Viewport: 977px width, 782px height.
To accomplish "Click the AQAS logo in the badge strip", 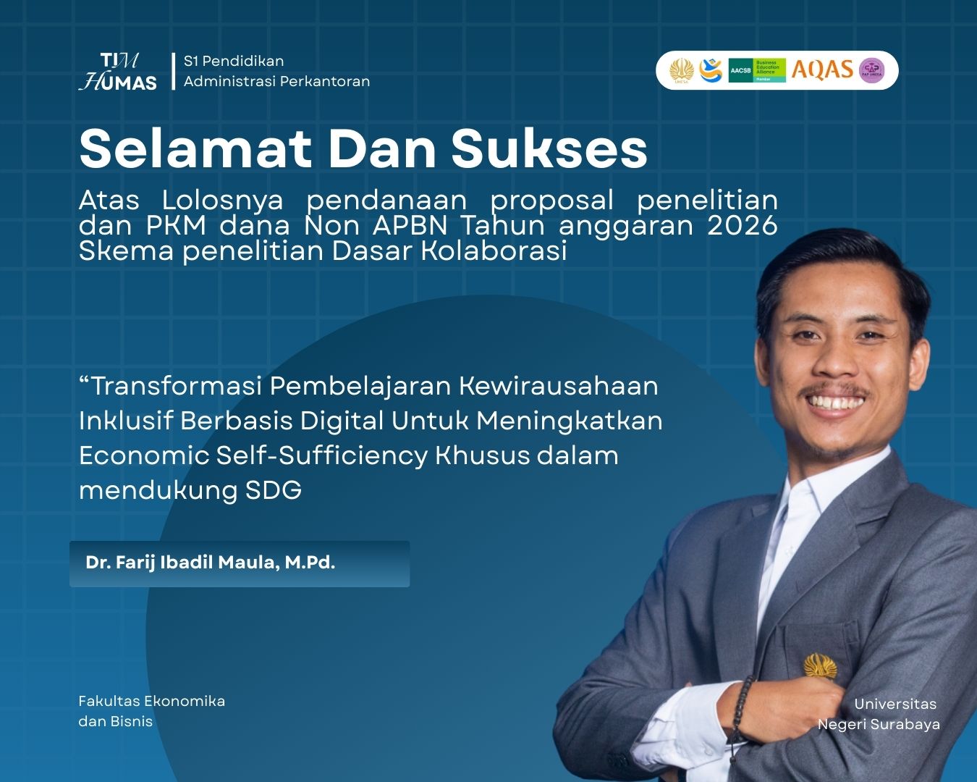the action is click(822, 70).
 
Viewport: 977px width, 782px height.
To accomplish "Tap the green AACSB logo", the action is click(757, 70).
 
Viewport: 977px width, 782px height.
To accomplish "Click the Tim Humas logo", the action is click(118, 72).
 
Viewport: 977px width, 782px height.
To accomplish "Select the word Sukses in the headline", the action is click(549, 149).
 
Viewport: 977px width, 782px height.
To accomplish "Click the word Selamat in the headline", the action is click(195, 148).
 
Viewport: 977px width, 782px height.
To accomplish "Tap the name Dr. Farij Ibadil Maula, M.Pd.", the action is click(210, 563).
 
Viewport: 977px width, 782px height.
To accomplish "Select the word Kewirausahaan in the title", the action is click(559, 386).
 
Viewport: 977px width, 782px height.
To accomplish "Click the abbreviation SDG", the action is click(274, 489).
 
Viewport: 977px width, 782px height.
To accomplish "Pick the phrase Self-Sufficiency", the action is click(322, 455).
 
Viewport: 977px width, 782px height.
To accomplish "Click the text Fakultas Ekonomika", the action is click(152, 701).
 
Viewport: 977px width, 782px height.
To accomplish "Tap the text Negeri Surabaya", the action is click(879, 724).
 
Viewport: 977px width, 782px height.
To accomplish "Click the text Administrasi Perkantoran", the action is click(276, 81).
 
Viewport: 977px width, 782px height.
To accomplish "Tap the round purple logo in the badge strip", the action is click(871, 70).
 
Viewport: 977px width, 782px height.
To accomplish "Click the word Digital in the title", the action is click(342, 421).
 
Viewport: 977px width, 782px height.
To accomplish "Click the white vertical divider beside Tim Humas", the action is click(174, 72).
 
